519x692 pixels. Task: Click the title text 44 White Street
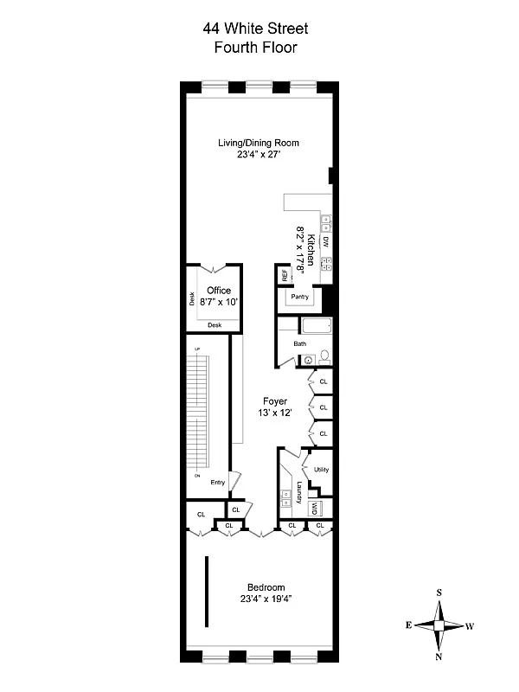255,29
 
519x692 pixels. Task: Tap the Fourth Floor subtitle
255,48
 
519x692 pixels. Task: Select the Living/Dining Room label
259,144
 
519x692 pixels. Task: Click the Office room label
217,291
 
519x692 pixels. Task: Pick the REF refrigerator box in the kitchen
283,276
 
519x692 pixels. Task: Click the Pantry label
300,297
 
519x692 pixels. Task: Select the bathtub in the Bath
316,328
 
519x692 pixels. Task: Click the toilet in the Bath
324,356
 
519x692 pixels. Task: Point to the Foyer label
275,402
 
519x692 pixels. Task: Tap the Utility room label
321,470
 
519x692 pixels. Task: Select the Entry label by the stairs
217,483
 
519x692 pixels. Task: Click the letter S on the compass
439,593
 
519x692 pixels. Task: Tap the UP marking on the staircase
197,349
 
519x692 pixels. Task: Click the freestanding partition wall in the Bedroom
206,593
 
